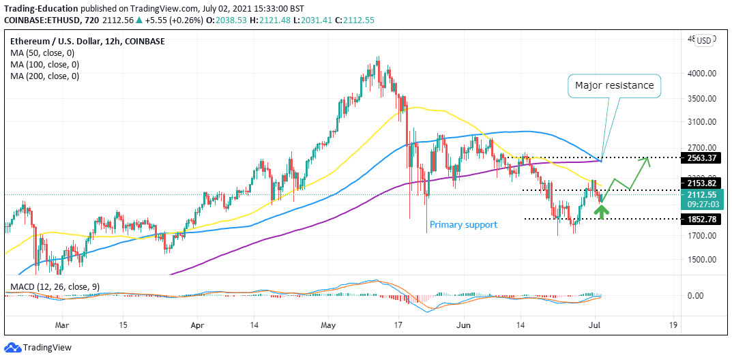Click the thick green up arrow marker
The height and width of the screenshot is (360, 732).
pos(601,211)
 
